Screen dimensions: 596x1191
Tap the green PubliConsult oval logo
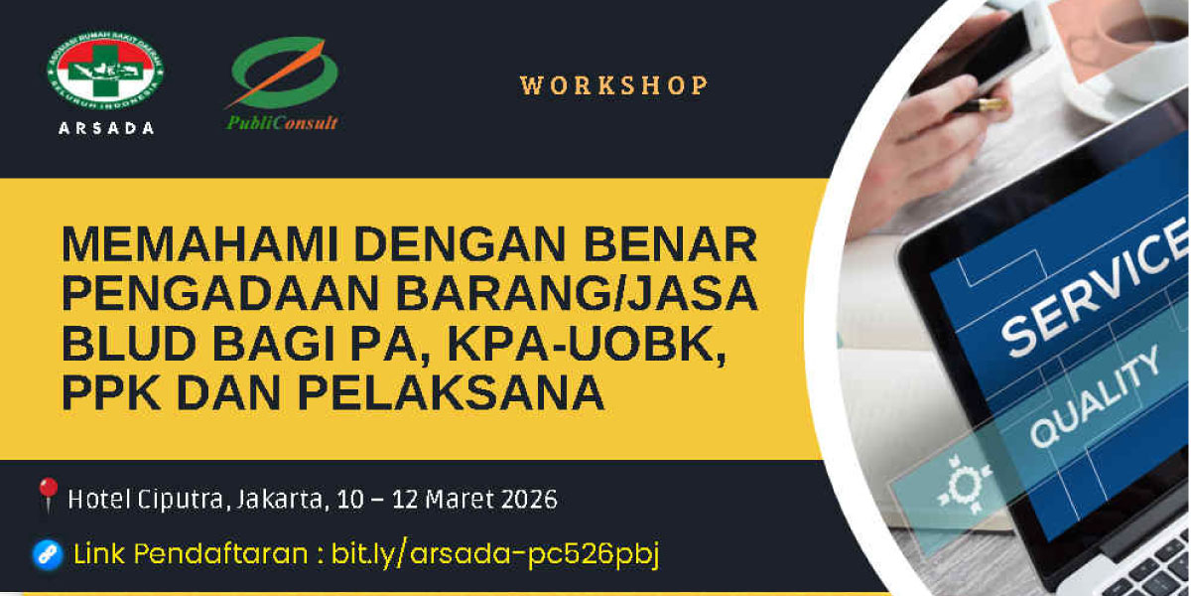(284, 73)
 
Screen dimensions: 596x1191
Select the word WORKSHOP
(613, 85)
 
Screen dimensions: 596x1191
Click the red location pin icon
(47, 495)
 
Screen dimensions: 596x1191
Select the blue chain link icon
(47, 554)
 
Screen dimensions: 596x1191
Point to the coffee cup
(1141, 35)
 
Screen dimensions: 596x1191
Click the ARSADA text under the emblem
(104, 127)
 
